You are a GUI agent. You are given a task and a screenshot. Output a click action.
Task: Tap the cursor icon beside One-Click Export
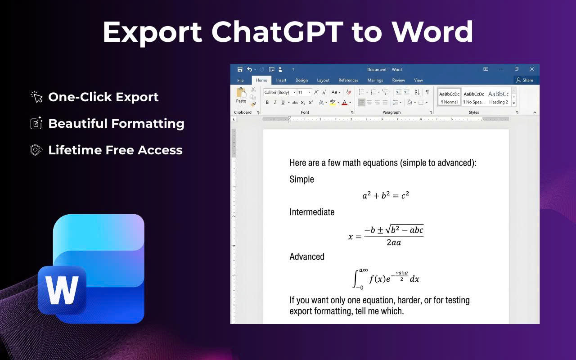pos(36,97)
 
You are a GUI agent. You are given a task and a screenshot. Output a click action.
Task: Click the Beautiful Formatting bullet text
pos(116,124)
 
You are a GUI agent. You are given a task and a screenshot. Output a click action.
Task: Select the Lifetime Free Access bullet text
pos(115,150)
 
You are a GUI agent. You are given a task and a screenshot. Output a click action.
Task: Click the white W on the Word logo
pos(62,290)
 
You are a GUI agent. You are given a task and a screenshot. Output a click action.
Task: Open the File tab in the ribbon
pos(240,81)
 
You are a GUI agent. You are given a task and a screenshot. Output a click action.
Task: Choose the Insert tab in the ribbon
pos(281,81)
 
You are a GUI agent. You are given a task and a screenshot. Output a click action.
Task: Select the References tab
pos(348,81)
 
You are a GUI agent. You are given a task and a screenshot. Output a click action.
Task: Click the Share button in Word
pos(525,80)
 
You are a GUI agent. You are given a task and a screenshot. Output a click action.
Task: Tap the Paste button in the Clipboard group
pos(241,95)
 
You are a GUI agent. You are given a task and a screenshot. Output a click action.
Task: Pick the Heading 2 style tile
pos(499,97)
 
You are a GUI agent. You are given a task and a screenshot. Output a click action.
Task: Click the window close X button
pos(532,69)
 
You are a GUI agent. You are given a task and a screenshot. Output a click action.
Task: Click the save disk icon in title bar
pos(240,69)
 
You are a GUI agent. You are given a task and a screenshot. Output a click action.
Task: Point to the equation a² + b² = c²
pos(386,195)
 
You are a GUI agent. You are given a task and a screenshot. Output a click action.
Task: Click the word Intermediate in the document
pos(312,212)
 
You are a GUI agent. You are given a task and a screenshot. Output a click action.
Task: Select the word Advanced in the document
pos(307,256)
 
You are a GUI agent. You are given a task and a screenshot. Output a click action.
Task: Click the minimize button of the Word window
pos(501,69)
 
